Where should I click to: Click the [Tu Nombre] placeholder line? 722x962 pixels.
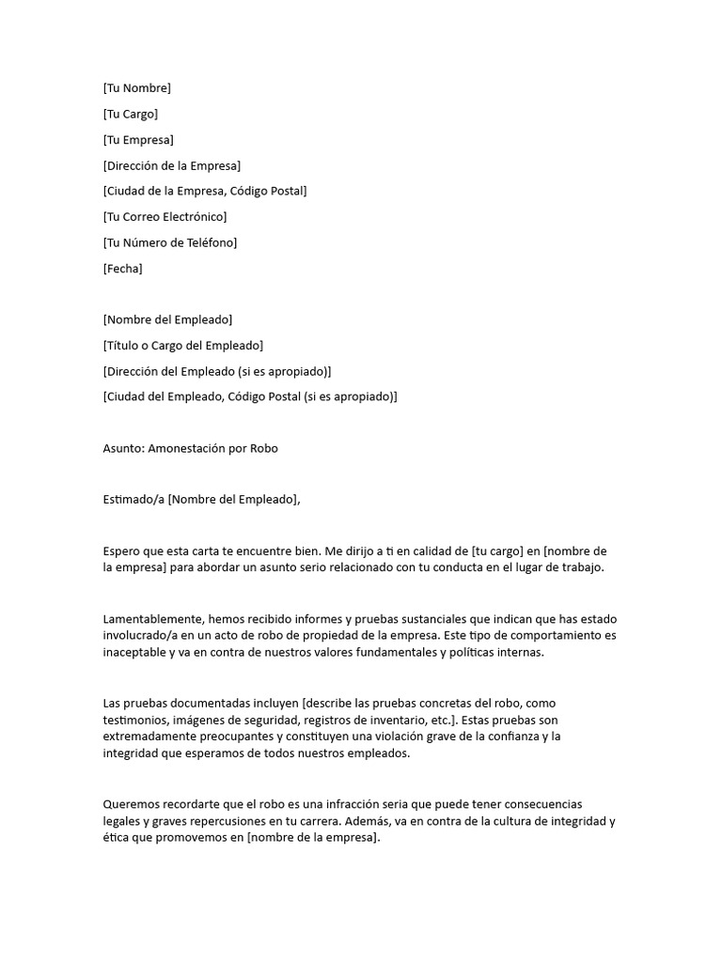point(136,88)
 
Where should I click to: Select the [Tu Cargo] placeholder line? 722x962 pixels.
point(130,114)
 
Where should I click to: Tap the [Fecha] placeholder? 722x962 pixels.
point(122,269)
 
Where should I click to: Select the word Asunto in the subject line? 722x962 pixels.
point(121,448)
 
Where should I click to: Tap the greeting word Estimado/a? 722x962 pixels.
point(133,499)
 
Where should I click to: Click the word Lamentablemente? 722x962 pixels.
point(151,620)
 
